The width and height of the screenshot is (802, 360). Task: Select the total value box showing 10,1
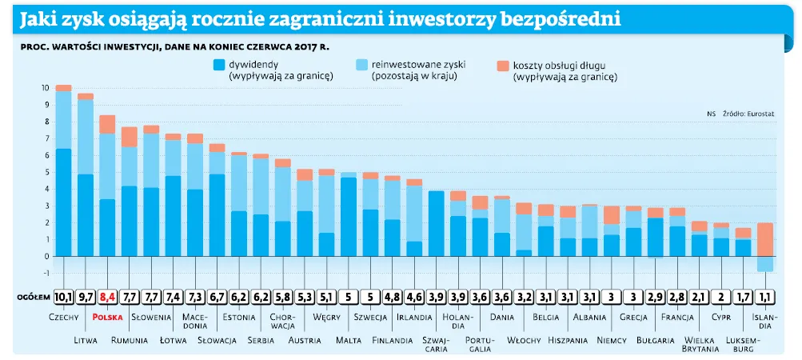(x=63, y=297)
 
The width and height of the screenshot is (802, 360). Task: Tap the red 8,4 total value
(x=107, y=297)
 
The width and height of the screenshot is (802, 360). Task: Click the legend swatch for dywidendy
(x=219, y=64)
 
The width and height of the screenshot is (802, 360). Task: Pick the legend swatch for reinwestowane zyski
(x=361, y=64)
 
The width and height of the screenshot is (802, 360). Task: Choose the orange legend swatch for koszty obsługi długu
(x=503, y=64)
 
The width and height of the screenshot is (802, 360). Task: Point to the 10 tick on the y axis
(x=46, y=87)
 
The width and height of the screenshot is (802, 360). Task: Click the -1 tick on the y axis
(x=46, y=274)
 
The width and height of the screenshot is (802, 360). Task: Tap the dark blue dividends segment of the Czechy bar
(x=63, y=202)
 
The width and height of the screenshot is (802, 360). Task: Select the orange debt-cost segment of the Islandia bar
(x=765, y=239)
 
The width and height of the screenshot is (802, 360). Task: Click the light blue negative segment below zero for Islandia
(x=765, y=264)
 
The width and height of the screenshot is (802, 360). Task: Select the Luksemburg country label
(x=743, y=344)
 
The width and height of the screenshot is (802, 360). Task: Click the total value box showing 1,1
(x=765, y=297)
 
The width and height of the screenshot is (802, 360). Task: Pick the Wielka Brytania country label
(x=700, y=344)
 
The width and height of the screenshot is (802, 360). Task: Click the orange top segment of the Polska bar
(x=107, y=124)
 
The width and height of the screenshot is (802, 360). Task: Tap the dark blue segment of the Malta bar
(x=349, y=216)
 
